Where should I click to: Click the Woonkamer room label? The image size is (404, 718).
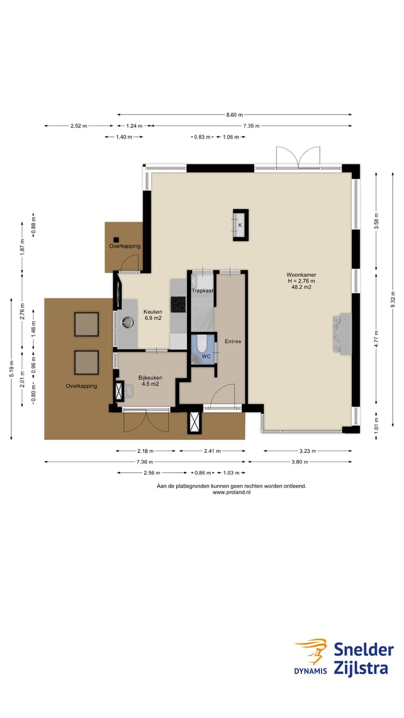click(301, 275)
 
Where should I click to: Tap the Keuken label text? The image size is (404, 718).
click(153, 311)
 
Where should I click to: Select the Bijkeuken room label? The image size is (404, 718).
click(150, 378)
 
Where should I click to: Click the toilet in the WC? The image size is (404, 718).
click(202, 343)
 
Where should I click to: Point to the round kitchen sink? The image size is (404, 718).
click(128, 322)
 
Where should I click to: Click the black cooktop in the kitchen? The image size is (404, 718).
click(178, 304)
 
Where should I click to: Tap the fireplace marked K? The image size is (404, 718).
click(241, 225)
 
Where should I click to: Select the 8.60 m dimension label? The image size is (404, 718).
click(235, 114)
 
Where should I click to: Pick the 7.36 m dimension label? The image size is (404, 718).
click(145, 462)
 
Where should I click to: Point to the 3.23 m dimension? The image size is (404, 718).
click(307, 451)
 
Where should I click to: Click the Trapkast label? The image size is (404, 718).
click(203, 291)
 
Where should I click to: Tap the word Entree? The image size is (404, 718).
click(233, 342)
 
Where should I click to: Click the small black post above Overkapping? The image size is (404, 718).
click(116, 240)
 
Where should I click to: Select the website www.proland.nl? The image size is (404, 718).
click(232, 492)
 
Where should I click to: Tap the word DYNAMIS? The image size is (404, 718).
click(310, 670)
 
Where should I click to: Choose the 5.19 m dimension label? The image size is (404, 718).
click(12, 369)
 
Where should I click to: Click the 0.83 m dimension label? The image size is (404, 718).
click(203, 137)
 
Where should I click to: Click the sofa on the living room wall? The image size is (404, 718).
click(342, 334)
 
